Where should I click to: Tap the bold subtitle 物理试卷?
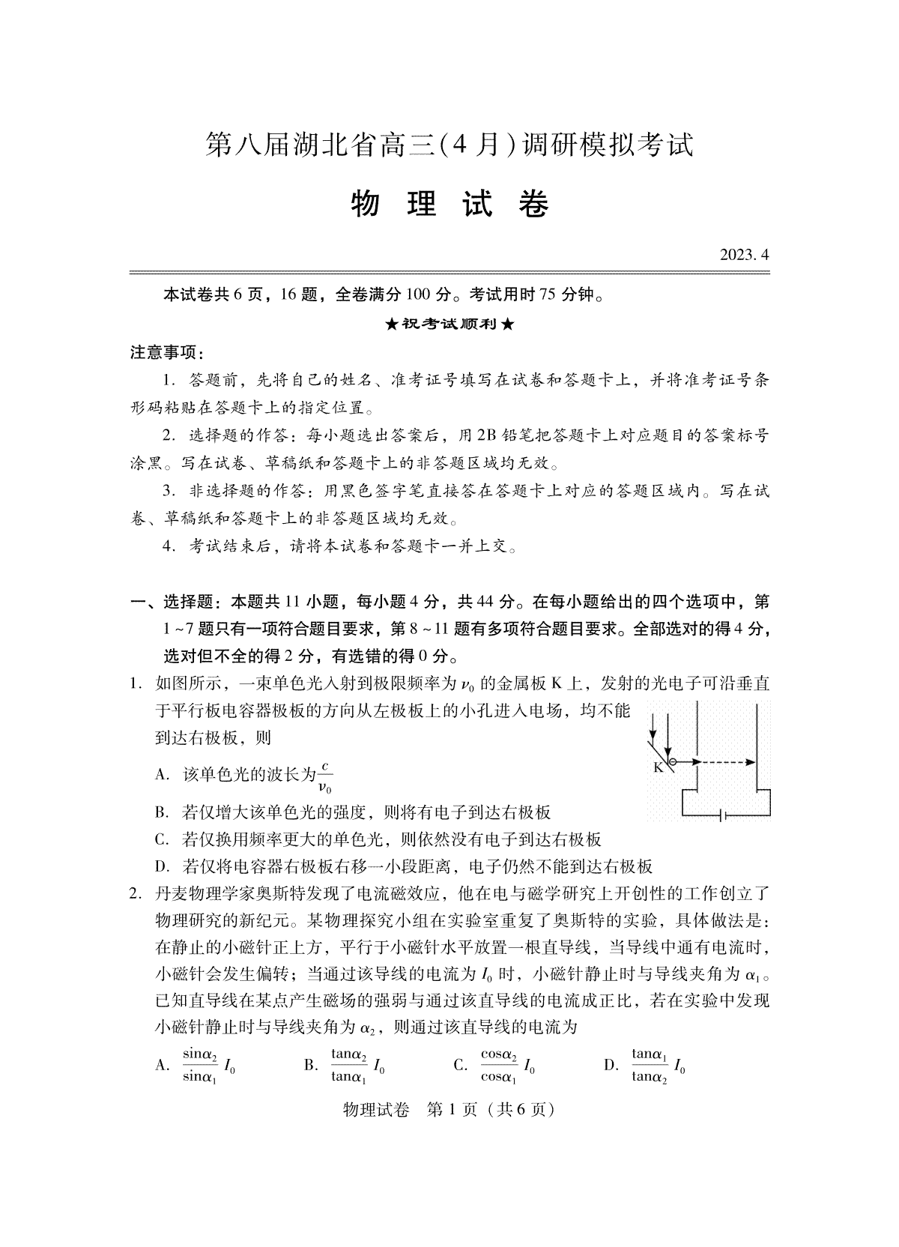(x=449, y=205)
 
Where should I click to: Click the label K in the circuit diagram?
(x=659, y=767)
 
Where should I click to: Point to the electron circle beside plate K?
(x=672, y=763)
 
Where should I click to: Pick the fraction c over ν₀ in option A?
(x=324, y=776)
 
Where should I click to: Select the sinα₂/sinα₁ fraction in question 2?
(x=200, y=1065)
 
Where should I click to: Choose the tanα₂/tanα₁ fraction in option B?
(x=348, y=1065)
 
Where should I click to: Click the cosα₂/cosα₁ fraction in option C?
(x=498, y=1065)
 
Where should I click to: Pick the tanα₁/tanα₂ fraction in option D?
(x=649, y=1065)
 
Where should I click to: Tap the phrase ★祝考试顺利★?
(x=449, y=324)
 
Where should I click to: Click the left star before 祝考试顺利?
(x=390, y=324)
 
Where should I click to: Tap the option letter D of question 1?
(x=160, y=867)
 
